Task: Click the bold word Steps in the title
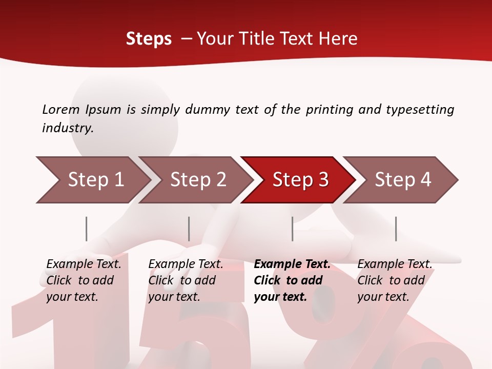(149, 39)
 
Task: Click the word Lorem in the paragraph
(61, 109)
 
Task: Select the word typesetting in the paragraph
(420, 109)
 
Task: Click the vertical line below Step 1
(87, 229)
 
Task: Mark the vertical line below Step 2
(189, 229)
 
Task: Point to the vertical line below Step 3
(293, 229)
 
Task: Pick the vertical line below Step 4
(396, 229)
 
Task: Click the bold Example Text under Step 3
(292, 264)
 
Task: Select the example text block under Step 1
(84, 280)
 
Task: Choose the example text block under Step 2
(186, 280)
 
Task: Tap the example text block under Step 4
(395, 280)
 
